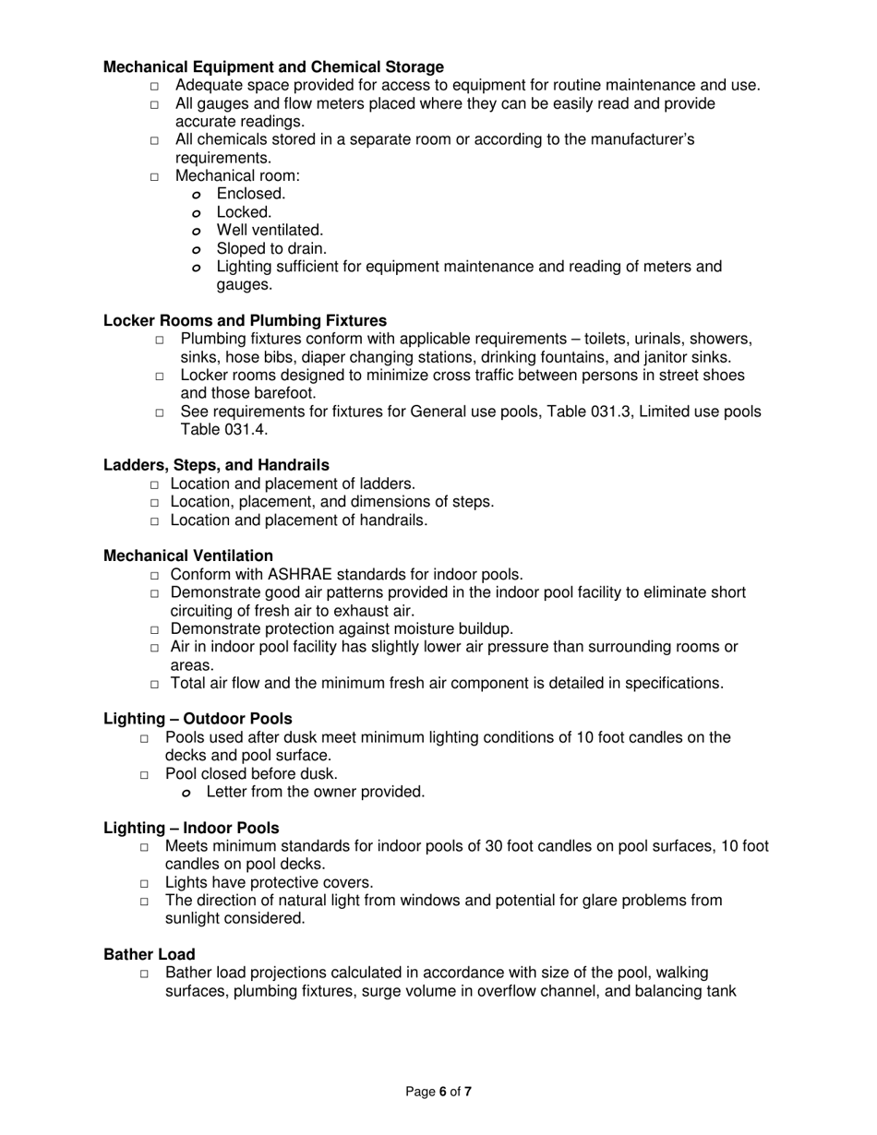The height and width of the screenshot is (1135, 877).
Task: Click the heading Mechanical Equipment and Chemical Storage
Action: click(273, 67)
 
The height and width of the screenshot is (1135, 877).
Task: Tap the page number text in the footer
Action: click(438, 1092)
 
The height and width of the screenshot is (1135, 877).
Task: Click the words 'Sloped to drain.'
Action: click(271, 248)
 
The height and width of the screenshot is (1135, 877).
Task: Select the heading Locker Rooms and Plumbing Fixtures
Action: click(245, 320)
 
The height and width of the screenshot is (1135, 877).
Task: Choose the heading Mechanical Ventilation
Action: click(188, 556)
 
